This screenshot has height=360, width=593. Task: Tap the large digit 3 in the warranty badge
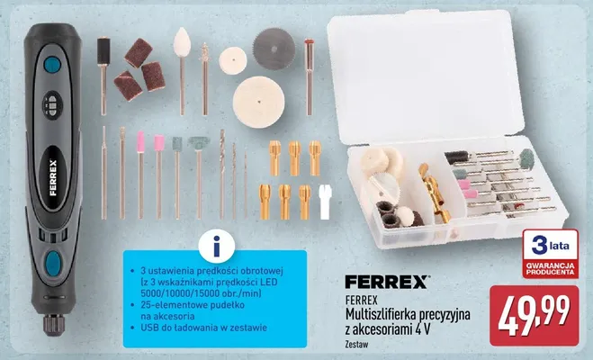[540, 246]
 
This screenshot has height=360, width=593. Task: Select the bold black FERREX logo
[386, 282]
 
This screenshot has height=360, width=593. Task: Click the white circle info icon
[216, 246]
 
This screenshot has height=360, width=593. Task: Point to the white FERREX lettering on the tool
[53, 177]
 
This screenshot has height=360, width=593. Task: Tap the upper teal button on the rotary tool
[52, 65]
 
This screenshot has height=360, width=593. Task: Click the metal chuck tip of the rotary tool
[54, 325]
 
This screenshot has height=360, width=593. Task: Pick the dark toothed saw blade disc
[274, 49]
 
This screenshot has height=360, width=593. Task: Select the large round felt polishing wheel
[258, 102]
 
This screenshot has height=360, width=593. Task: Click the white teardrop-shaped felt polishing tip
[182, 41]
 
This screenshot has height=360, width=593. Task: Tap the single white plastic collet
[325, 202]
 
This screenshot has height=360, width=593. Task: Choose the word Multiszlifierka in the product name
[381, 315]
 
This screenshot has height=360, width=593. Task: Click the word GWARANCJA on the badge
[550, 265]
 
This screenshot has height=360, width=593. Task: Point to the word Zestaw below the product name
[356, 345]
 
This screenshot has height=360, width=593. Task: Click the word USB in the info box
[148, 328]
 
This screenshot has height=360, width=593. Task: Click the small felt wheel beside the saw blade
[232, 60]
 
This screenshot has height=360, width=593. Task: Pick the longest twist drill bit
[222, 174]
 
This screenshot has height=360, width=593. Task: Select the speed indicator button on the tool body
[52, 104]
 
